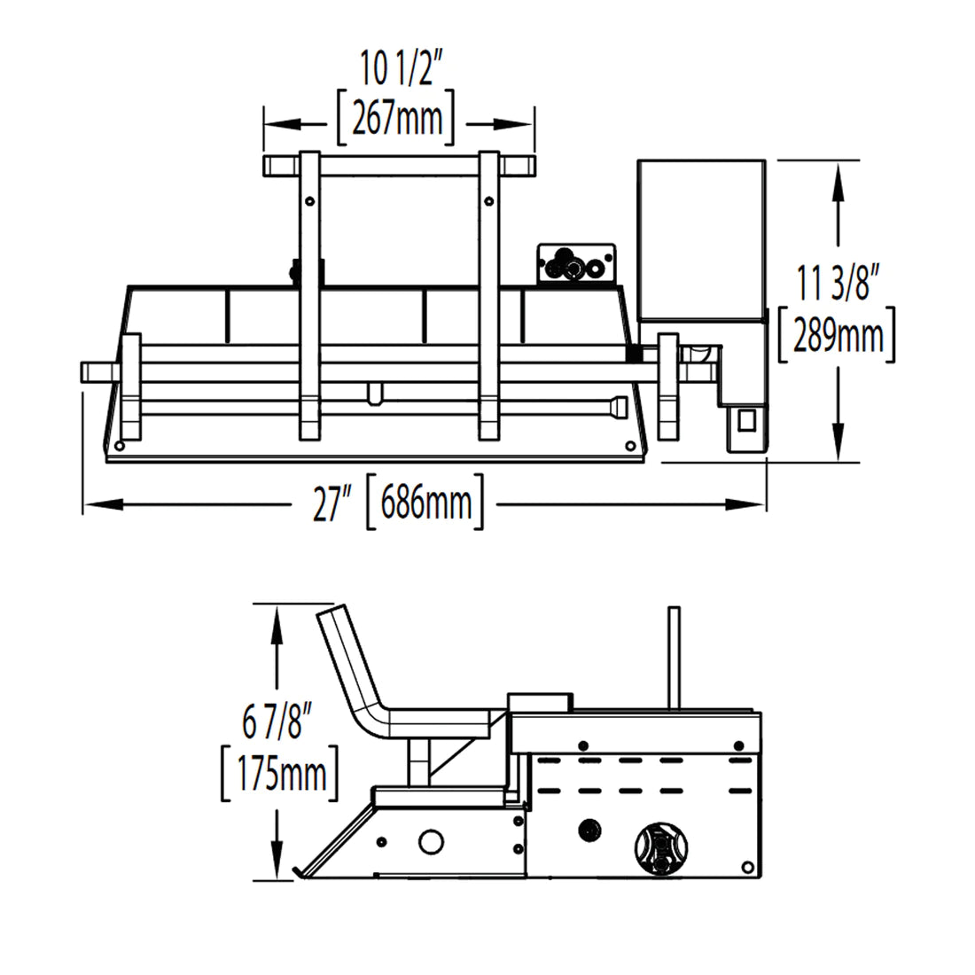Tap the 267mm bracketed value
(x=396, y=117)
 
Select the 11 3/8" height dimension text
(x=837, y=285)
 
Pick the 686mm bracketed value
(x=425, y=505)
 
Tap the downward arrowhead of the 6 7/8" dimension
(x=278, y=868)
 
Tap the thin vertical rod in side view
(x=674, y=656)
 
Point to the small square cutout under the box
(x=745, y=419)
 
